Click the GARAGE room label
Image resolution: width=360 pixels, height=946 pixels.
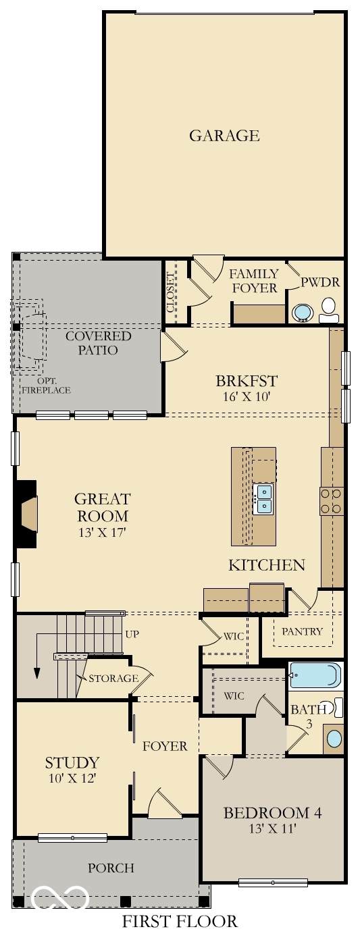point(224,136)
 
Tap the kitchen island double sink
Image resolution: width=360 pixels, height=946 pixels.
point(262,499)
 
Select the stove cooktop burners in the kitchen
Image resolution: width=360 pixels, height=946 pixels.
point(332,501)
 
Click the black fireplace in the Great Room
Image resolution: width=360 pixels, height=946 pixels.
point(26,513)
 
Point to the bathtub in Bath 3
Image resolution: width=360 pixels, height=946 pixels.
point(315,675)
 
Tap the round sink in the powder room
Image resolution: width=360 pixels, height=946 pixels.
point(302,313)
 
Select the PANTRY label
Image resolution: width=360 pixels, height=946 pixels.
point(302,631)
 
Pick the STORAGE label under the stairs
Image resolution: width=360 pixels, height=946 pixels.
point(113,678)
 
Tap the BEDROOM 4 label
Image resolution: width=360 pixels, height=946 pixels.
point(272,813)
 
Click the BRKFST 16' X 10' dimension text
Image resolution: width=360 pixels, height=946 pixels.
point(247,396)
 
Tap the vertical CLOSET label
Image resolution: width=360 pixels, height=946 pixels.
point(170,292)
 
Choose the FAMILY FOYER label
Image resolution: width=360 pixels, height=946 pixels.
point(254,281)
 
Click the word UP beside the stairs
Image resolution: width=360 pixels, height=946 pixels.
point(132,634)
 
